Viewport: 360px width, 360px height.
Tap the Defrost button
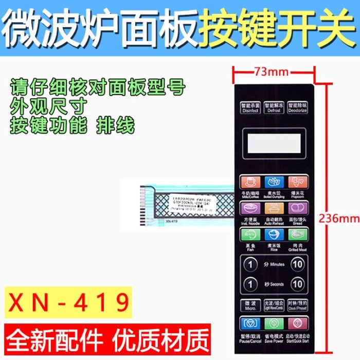tap(273, 107)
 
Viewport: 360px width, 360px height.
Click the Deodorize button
tap(297, 107)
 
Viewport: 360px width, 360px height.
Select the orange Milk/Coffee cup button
tap(249, 182)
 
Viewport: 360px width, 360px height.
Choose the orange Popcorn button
tap(297, 182)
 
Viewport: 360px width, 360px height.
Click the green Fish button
tap(249, 235)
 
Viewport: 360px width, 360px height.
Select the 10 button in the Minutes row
tap(297, 265)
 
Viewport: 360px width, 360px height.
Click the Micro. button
tap(249, 305)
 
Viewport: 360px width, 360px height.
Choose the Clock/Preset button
tap(297, 305)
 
